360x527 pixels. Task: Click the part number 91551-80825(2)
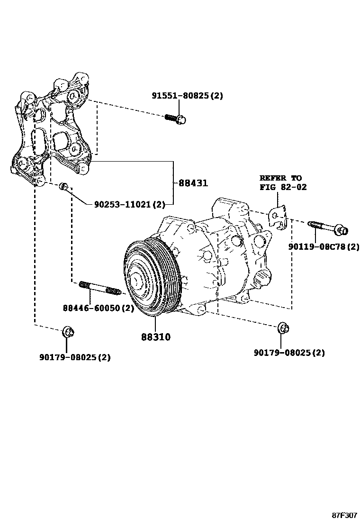[187, 96]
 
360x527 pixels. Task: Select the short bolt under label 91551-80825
[175, 118]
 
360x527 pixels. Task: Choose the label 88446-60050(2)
[98, 308]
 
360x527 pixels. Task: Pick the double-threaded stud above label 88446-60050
[99, 288]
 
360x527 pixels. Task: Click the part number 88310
[155, 337]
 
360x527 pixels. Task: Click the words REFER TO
[280, 178]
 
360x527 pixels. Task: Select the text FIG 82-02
[283, 187]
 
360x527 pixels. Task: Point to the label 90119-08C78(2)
[324, 247]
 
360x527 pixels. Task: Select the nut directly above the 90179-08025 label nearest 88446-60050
[67, 332]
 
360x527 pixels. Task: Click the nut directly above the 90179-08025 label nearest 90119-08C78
[283, 327]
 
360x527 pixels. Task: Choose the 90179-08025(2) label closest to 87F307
[289, 353]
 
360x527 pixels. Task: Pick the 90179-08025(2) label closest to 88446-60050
[74, 357]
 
